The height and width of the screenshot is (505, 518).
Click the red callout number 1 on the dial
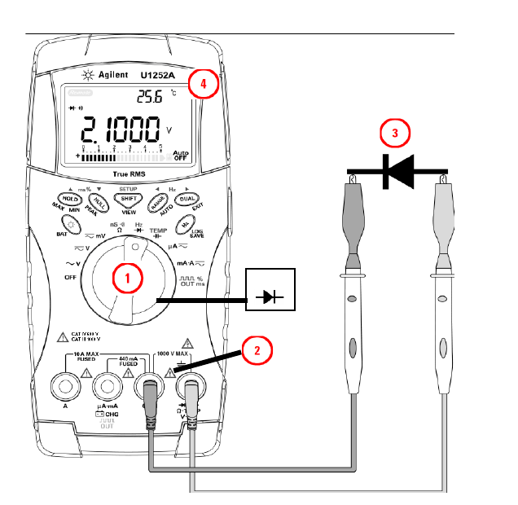click(x=126, y=278)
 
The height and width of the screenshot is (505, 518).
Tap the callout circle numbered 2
click(x=256, y=351)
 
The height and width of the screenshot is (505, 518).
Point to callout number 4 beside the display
click(x=204, y=83)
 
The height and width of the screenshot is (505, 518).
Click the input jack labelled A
click(x=65, y=386)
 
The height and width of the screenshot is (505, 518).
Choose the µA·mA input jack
click(x=108, y=386)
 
